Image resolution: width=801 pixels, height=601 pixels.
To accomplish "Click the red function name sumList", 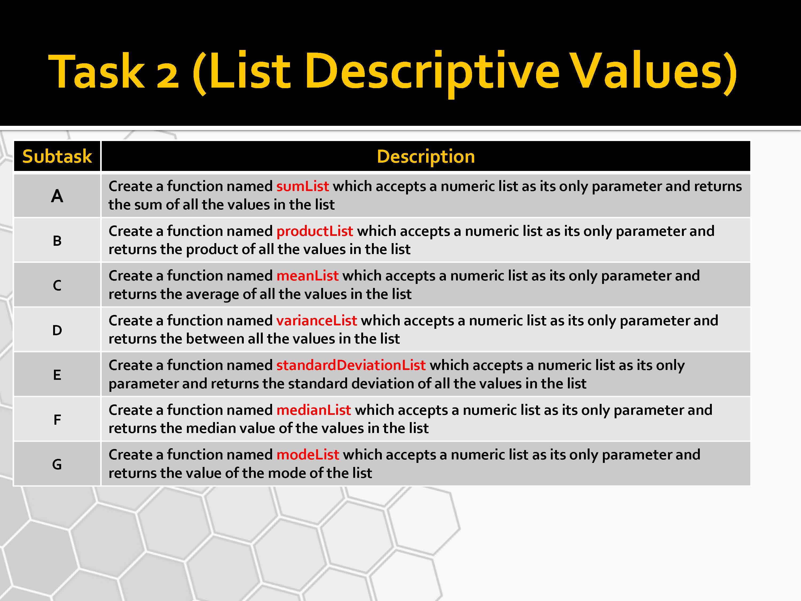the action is point(302,186).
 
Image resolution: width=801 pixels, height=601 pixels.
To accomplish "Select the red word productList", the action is point(315,231).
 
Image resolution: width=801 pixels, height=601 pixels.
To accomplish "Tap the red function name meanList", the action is point(307,276).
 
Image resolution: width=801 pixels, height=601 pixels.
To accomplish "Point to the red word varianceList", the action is point(316,321).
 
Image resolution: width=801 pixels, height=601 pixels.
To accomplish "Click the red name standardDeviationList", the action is point(351,365).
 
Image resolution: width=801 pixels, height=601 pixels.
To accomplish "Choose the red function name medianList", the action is point(314,410).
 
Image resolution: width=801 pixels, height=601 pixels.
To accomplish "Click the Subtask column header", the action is point(57,157).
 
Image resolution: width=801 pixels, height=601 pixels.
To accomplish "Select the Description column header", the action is point(426,157).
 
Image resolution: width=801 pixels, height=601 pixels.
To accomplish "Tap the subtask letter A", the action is point(57,196).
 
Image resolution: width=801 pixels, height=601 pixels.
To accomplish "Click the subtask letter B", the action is point(57,241).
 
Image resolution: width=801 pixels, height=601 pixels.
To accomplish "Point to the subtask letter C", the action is point(57,286).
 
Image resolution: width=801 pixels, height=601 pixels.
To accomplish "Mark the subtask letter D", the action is point(57,330).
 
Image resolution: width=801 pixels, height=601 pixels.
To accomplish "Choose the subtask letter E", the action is point(57,375).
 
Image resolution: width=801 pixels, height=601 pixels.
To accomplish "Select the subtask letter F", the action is point(57,420).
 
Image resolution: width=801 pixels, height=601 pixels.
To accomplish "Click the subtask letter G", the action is point(57,465).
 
